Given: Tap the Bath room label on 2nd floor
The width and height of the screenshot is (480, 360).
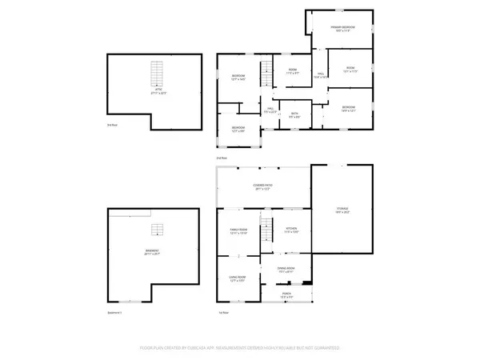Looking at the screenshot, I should coord(294,114).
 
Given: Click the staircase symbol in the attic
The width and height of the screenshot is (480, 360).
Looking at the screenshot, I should coord(158,74).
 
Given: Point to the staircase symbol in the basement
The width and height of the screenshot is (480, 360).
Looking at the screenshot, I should coord(158,232).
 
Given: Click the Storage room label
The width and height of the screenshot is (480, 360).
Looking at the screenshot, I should coord(342,210).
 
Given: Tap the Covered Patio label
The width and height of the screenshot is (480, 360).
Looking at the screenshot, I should coord(264,187).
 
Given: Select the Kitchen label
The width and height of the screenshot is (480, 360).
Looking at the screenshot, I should coord(291,230).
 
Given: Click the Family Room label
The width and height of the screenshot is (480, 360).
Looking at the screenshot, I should coord(239,230).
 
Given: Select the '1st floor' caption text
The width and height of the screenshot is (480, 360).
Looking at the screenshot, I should coord(224,313).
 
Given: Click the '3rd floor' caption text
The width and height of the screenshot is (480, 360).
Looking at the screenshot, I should coord(112,125).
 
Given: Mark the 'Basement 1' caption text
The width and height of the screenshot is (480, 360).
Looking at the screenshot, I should coord(115,313).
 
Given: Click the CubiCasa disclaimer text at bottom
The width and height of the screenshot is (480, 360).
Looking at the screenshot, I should coord(240,349).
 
